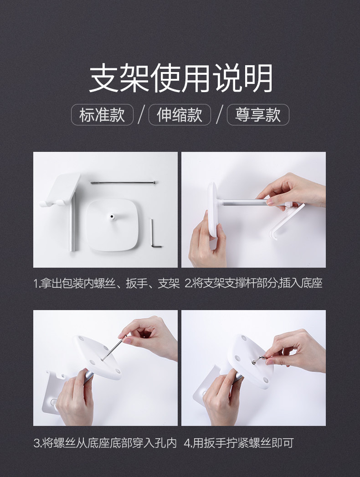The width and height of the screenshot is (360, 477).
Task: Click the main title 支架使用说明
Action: point(180,78)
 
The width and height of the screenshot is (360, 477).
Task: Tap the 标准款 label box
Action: point(102,114)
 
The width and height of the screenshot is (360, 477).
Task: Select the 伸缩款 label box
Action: point(180,114)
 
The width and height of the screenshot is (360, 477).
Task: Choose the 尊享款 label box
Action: point(258,114)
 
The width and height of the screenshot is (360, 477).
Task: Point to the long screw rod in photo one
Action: point(123,182)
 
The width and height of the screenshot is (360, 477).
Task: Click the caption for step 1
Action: point(107,283)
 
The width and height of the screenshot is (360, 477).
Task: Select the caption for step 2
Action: point(253,283)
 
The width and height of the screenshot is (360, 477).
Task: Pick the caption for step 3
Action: point(105,443)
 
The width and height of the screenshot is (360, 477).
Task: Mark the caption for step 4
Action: point(239,443)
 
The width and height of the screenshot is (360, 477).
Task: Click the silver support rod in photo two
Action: point(243,202)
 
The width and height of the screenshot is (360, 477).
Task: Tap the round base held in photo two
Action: point(213,209)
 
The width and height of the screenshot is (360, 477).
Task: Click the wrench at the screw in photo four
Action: point(258,359)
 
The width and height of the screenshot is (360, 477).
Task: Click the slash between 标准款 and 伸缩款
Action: point(141,114)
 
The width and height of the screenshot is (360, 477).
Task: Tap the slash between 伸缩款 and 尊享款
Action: point(219,114)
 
